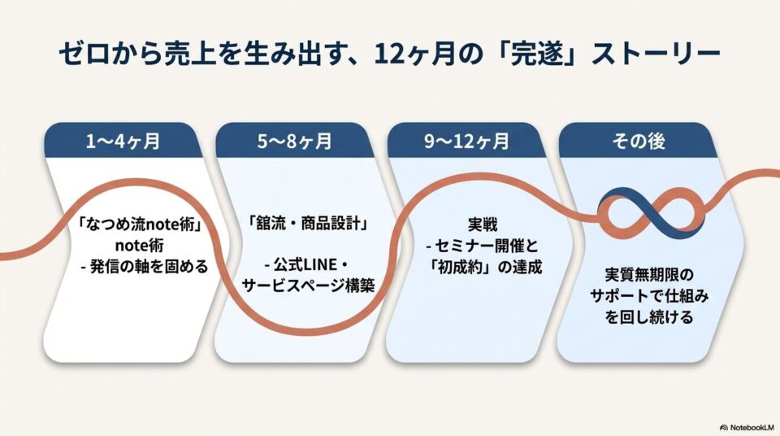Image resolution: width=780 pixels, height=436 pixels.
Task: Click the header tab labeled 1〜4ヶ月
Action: pos(123,141)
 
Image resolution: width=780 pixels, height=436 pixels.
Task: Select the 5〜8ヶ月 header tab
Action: pos(294,141)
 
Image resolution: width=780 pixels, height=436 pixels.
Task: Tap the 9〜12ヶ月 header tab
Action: pos(466,141)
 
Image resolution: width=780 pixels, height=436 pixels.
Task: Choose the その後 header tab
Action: pos(639,141)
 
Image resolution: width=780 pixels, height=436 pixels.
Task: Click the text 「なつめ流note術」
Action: pos(139,225)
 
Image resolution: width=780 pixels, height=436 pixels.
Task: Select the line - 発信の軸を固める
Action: pos(145,267)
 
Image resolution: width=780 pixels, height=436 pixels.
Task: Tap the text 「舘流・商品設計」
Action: pos(309,223)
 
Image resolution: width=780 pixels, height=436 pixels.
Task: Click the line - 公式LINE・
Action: pos(308,264)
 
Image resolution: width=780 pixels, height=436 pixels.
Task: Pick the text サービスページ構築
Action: pos(308,286)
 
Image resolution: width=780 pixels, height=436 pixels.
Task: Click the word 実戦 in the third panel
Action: pos(483,225)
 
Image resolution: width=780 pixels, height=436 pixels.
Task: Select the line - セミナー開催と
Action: pos(483,246)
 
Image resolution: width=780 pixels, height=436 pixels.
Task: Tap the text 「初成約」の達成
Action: pos(485,267)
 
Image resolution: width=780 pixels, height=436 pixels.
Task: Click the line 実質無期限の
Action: pos(649,275)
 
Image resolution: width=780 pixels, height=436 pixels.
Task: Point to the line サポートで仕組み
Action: pos(649,295)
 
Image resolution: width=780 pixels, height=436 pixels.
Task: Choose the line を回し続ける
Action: pos(649,317)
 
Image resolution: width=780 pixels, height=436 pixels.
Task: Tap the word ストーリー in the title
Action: pos(656,54)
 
